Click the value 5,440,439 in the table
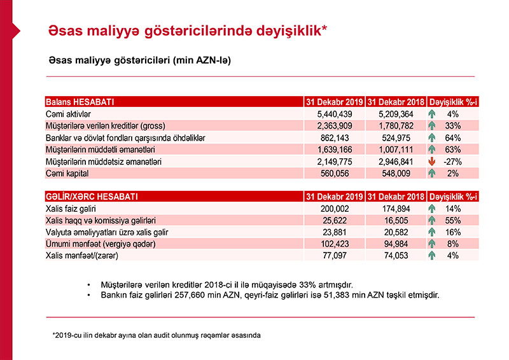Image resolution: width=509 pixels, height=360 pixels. (x=344, y=113)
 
